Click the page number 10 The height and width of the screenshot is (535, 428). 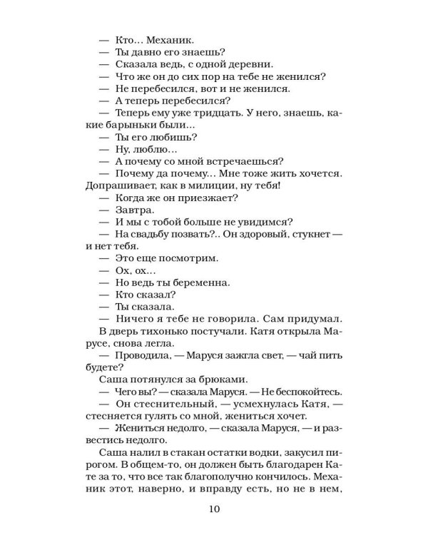click(214, 509)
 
